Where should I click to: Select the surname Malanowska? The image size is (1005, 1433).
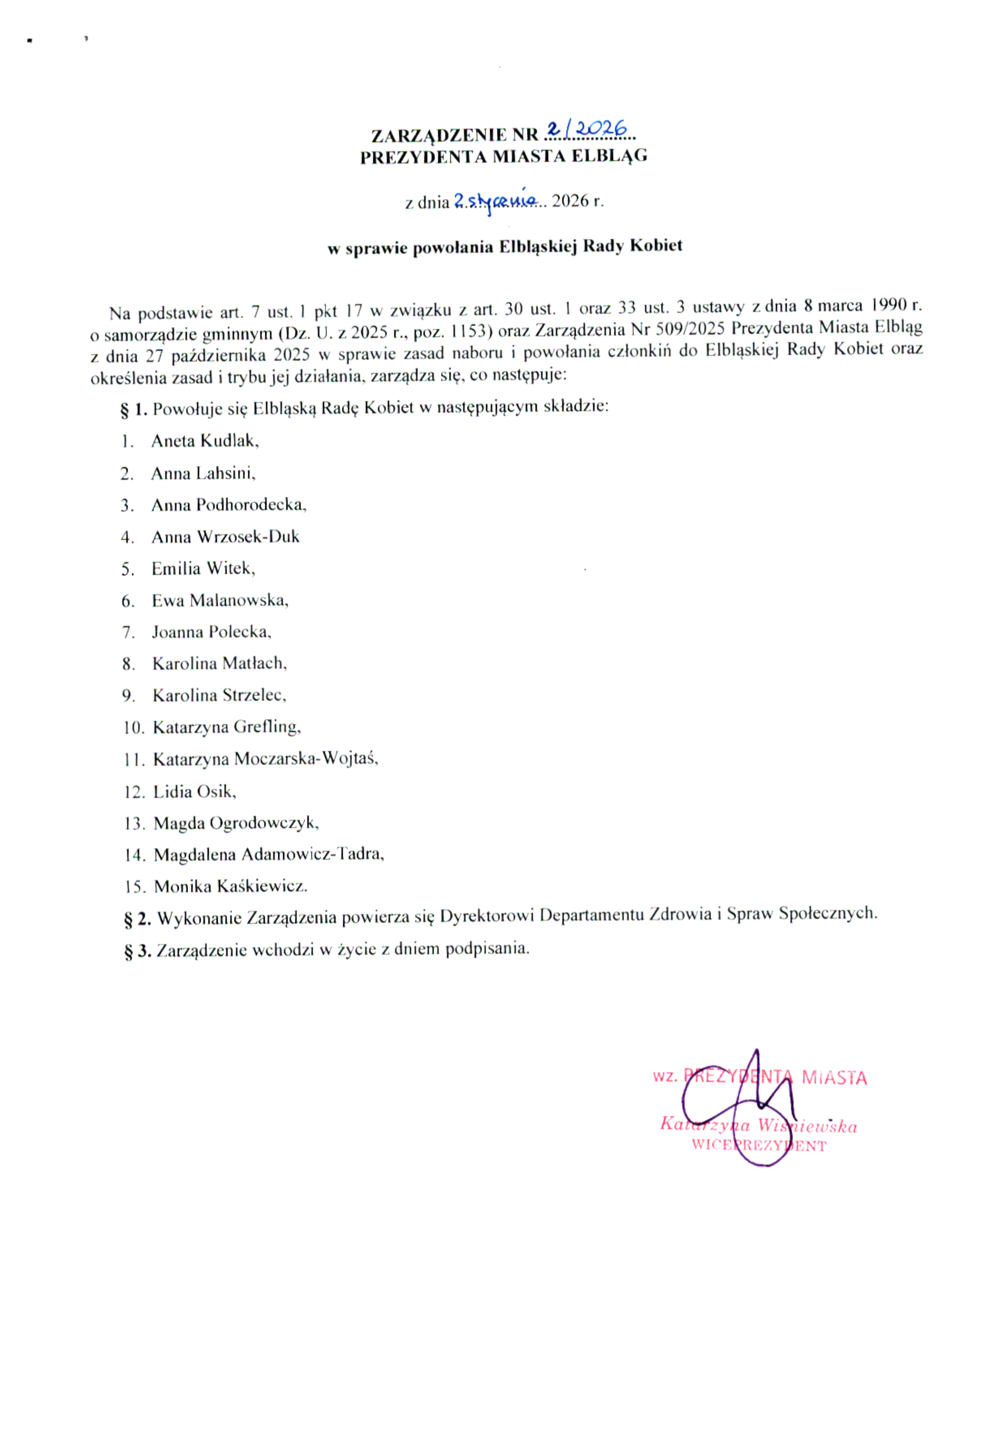[x=239, y=600]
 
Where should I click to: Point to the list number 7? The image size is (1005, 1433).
[x=128, y=633]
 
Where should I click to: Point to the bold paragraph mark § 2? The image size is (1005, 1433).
[x=138, y=919]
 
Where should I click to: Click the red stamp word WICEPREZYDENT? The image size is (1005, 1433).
[x=758, y=1146]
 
